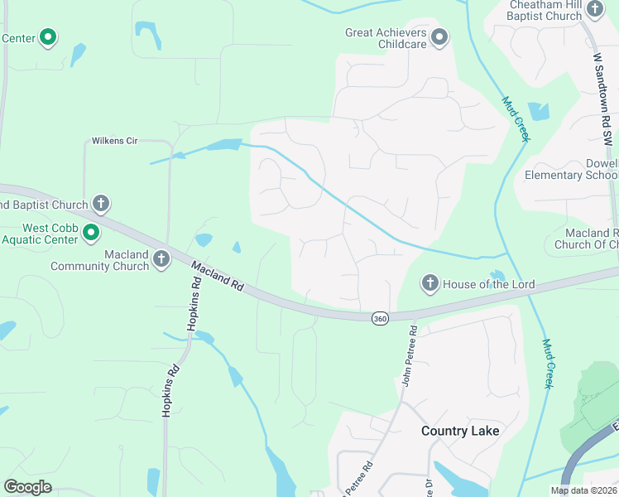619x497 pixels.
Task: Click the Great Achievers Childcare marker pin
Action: click(x=439, y=37)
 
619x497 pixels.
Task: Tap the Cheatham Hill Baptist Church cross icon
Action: click(x=595, y=10)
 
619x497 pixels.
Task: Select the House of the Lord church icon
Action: click(x=429, y=284)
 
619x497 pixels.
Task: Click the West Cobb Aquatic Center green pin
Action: click(x=92, y=234)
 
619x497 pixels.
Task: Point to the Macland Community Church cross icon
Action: click(x=161, y=260)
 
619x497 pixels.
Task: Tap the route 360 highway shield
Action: click(x=380, y=319)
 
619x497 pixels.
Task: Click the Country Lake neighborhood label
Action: click(x=460, y=431)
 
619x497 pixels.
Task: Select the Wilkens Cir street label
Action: click(x=114, y=141)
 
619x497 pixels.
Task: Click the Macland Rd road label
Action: click(x=218, y=276)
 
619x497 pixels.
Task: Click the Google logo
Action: click(x=27, y=487)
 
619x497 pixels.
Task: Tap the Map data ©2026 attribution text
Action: click(x=583, y=490)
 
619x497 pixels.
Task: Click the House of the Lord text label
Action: click(x=489, y=284)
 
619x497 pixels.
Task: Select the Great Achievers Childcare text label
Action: click(x=386, y=38)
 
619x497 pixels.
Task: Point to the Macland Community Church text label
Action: click(x=99, y=260)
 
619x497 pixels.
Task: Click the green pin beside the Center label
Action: click(x=48, y=37)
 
